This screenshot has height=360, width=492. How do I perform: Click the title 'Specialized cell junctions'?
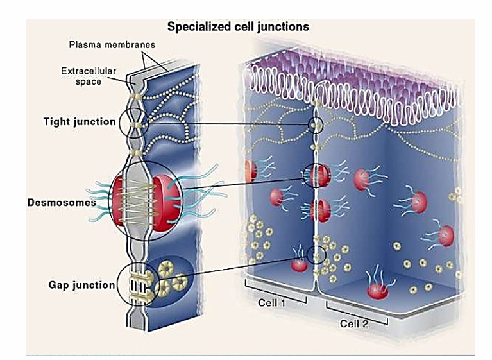238,27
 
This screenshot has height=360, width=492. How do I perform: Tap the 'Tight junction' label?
80,121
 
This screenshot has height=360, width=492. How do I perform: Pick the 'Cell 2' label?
354,324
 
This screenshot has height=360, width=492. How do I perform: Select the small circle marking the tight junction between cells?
316,124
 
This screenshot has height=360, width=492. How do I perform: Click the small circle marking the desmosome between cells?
316,175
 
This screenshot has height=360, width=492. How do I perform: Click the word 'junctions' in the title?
287,27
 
